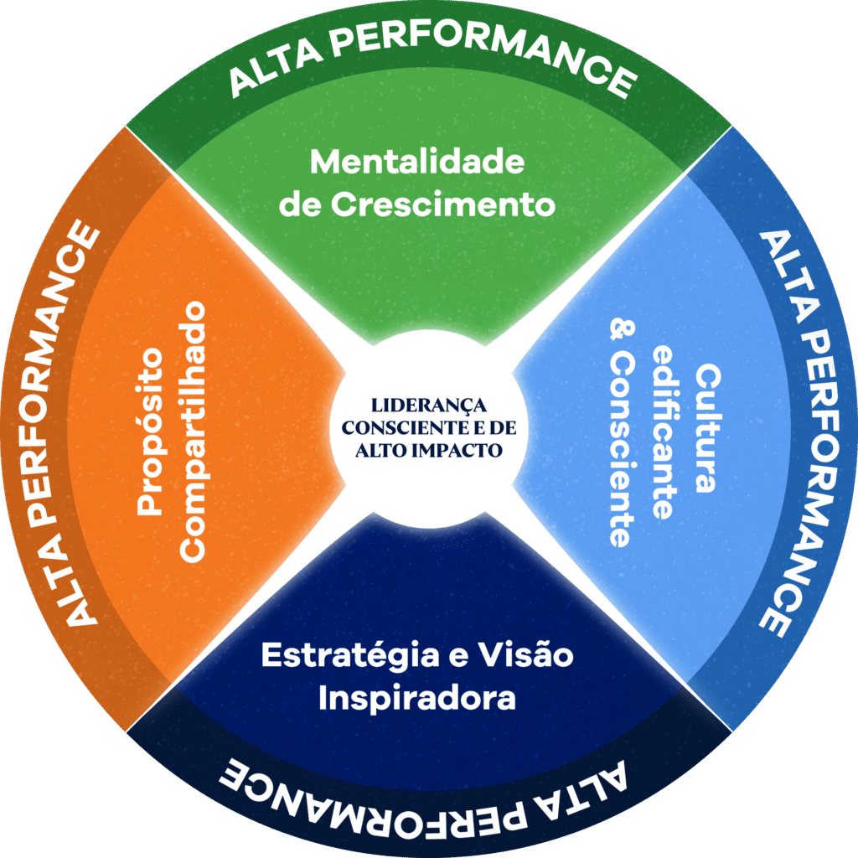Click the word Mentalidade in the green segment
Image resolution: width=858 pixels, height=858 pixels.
[417, 161]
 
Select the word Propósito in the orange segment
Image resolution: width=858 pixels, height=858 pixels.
[150, 432]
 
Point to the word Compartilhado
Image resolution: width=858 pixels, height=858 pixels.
[194, 432]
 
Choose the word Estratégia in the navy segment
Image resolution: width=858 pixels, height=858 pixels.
[349, 655]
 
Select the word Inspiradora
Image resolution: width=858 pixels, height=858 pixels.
[416, 699]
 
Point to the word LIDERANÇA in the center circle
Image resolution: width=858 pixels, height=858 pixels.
[428, 404]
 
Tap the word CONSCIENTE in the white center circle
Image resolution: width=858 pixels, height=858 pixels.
[397, 426]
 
